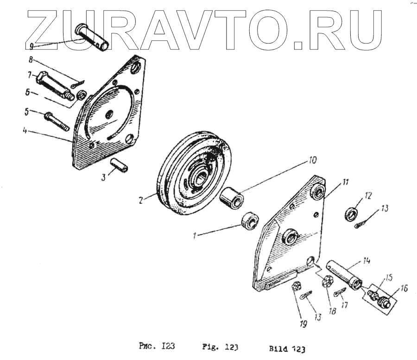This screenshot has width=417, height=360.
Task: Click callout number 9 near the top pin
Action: (x=32, y=46)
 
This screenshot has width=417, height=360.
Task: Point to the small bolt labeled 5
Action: (x=57, y=120)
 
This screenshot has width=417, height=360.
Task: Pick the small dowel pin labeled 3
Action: (x=119, y=165)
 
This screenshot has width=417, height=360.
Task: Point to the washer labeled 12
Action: (x=353, y=213)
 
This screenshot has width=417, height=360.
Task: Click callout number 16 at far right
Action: (x=404, y=288)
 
